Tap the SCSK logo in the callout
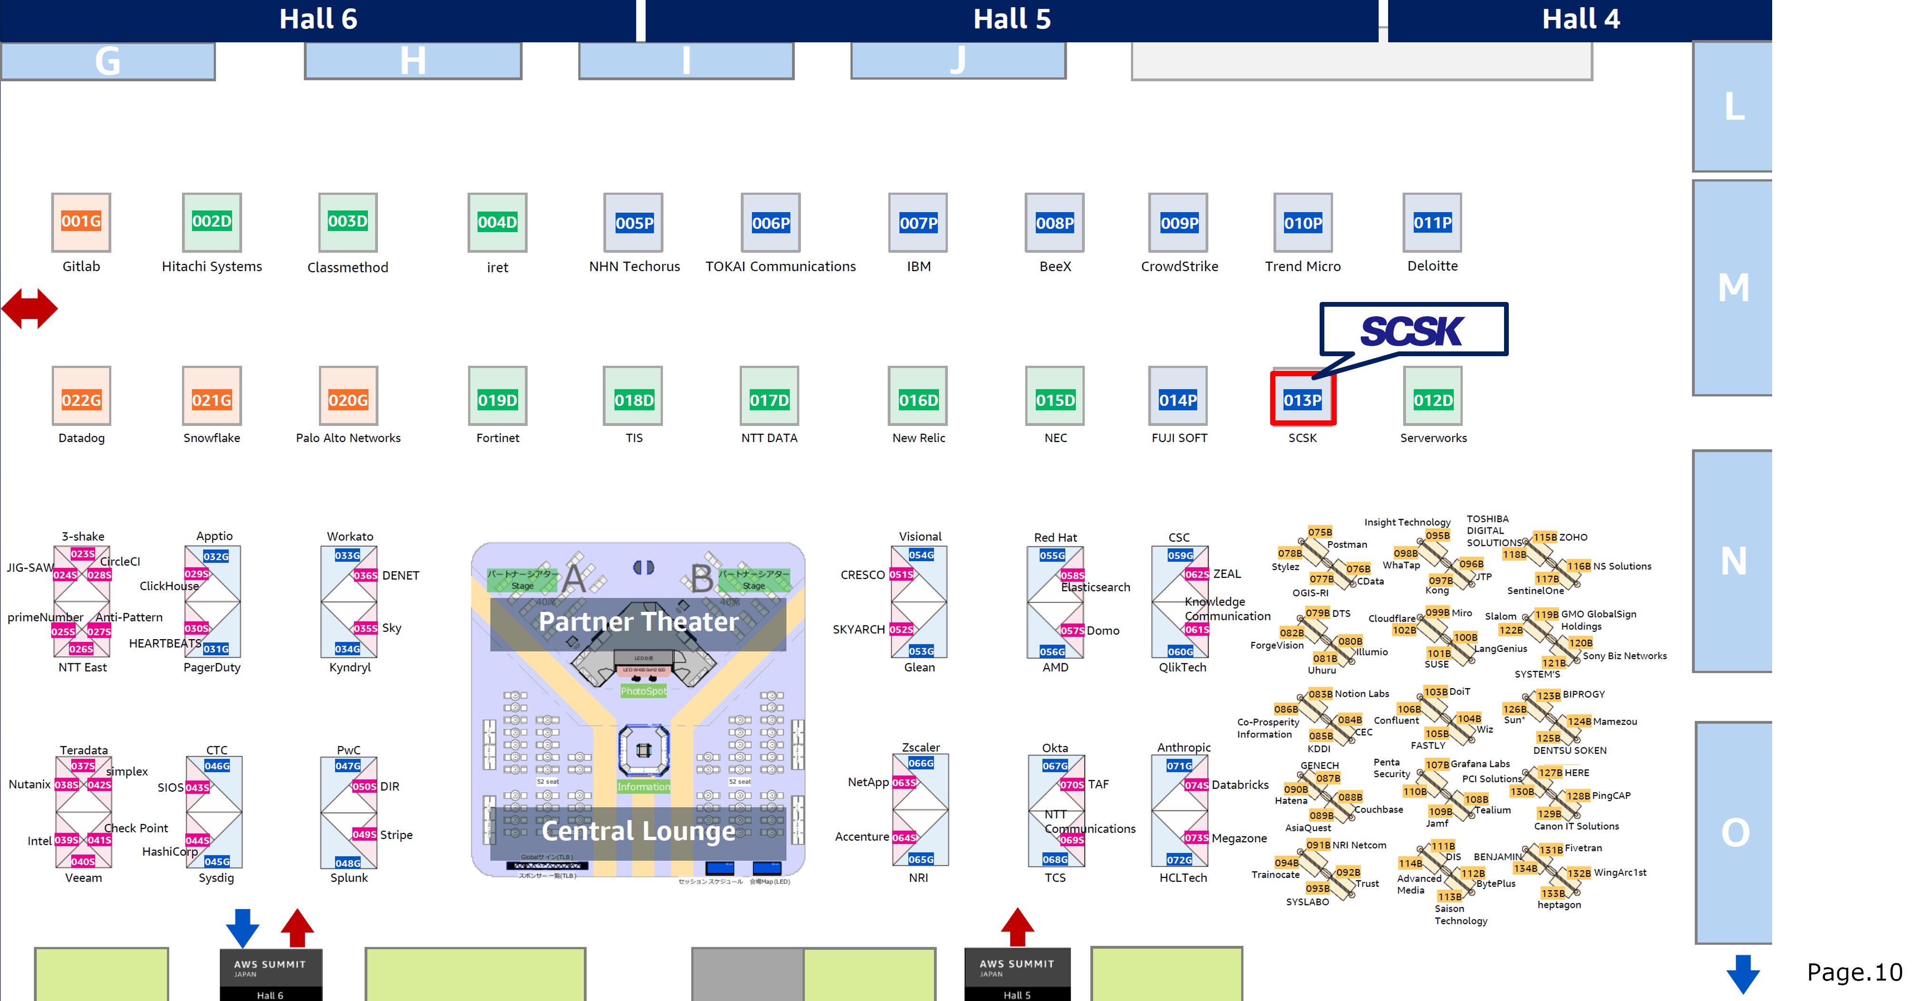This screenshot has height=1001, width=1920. [1412, 330]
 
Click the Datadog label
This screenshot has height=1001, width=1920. [81, 437]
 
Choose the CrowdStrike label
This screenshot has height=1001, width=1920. [1179, 266]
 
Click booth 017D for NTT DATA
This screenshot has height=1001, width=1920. [769, 399]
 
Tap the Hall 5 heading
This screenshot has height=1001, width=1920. [1012, 19]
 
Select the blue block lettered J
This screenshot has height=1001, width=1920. [958, 59]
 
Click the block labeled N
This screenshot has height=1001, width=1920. [1733, 561]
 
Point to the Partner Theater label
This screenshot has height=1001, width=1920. [638, 621]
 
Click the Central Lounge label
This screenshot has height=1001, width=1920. [638, 830]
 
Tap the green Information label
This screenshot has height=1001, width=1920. [643, 787]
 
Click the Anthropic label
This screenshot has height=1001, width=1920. [1184, 747]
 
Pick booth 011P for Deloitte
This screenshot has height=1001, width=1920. [1432, 222]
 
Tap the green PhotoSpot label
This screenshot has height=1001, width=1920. [643, 691]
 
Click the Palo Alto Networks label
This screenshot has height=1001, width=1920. [348, 437]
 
